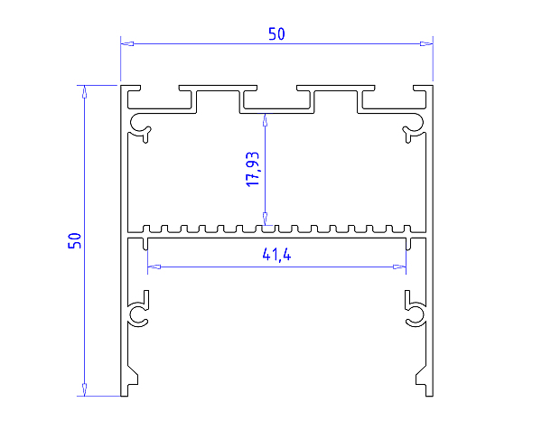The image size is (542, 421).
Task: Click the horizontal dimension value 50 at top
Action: tap(276, 34)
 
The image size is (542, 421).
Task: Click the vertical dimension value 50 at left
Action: tap(75, 240)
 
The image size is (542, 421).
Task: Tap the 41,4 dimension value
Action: tap(276, 256)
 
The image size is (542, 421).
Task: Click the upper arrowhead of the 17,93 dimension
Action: tap(265, 117)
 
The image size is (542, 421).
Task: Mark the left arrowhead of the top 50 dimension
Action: tap(127, 43)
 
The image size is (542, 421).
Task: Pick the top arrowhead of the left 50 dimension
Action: tap(84, 91)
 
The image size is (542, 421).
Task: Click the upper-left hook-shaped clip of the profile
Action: tap(141, 126)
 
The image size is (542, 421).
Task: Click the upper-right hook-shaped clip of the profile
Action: tap(414, 126)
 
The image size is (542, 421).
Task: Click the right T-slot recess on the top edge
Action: tap(338, 100)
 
